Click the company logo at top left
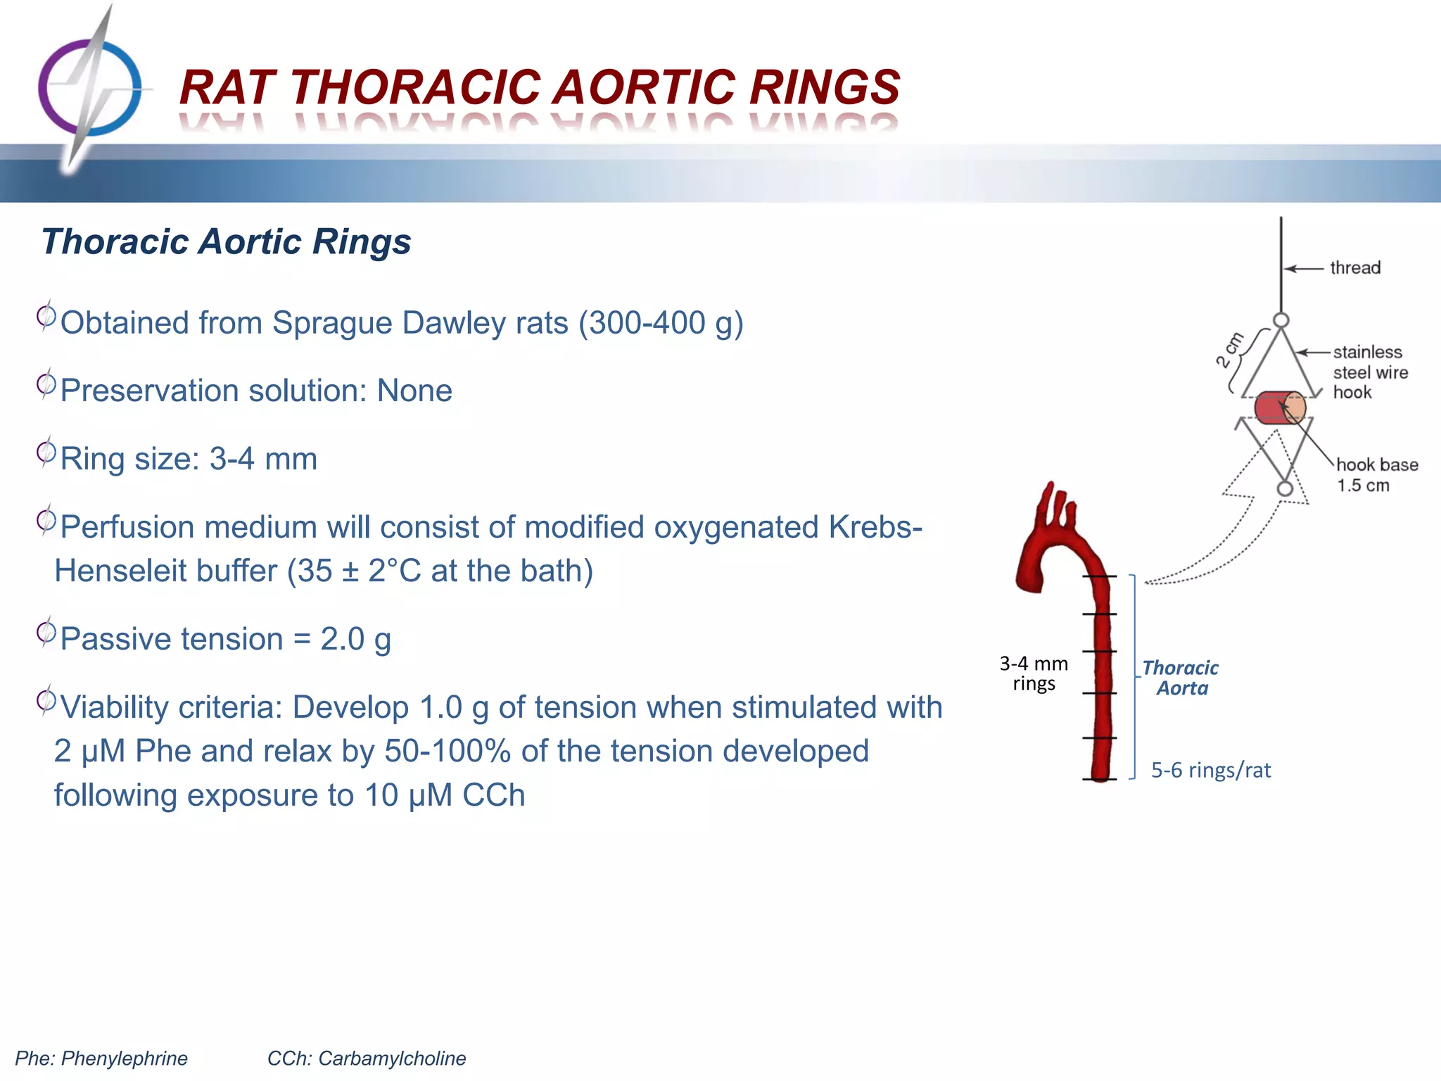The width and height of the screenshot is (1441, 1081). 89,88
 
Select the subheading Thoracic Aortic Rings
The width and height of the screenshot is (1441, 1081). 226,241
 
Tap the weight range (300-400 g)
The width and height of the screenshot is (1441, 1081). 661,323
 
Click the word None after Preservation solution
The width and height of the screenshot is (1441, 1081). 414,391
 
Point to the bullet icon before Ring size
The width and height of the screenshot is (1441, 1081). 46,453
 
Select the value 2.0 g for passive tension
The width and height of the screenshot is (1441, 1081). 355,639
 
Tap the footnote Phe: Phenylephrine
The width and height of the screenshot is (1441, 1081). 101,1058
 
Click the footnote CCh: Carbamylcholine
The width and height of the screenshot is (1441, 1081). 366,1058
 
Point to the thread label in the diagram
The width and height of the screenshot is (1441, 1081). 1354,268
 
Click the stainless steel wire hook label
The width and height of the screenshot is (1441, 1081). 1369,372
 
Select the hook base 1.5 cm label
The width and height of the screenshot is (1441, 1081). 1376,474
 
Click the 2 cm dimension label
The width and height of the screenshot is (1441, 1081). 1231,350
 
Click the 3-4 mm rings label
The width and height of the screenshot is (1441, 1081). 1034,674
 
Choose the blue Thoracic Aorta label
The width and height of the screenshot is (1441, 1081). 1181,678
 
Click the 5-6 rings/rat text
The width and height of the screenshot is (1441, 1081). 1210,771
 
